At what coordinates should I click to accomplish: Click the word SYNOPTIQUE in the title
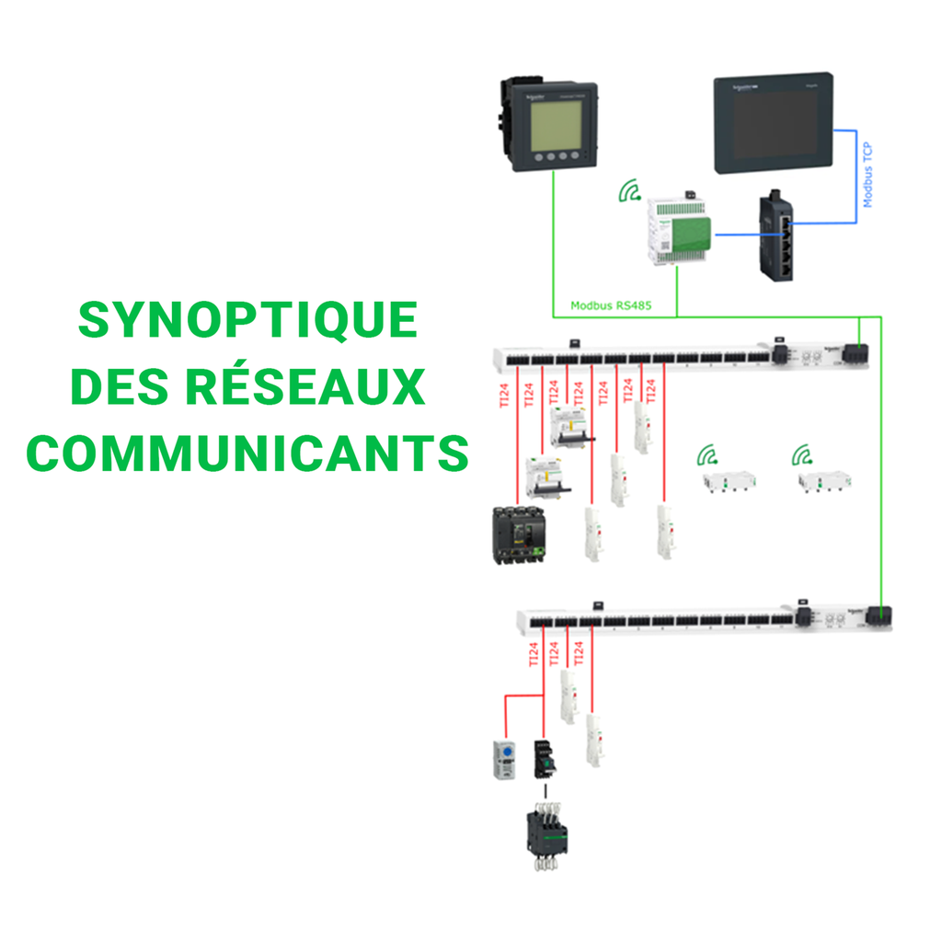click(247, 320)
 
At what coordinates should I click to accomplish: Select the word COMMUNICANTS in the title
click(247, 453)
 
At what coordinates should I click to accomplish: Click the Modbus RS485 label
click(611, 305)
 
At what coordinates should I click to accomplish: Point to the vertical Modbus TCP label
click(867, 176)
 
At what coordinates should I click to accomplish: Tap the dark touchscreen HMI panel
click(775, 125)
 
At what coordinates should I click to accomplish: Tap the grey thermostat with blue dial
click(505, 758)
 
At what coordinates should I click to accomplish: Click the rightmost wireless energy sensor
click(824, 480)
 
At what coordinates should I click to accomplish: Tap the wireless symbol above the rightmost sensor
click(803, 454)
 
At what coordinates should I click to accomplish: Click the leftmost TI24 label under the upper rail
click(502, 394)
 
